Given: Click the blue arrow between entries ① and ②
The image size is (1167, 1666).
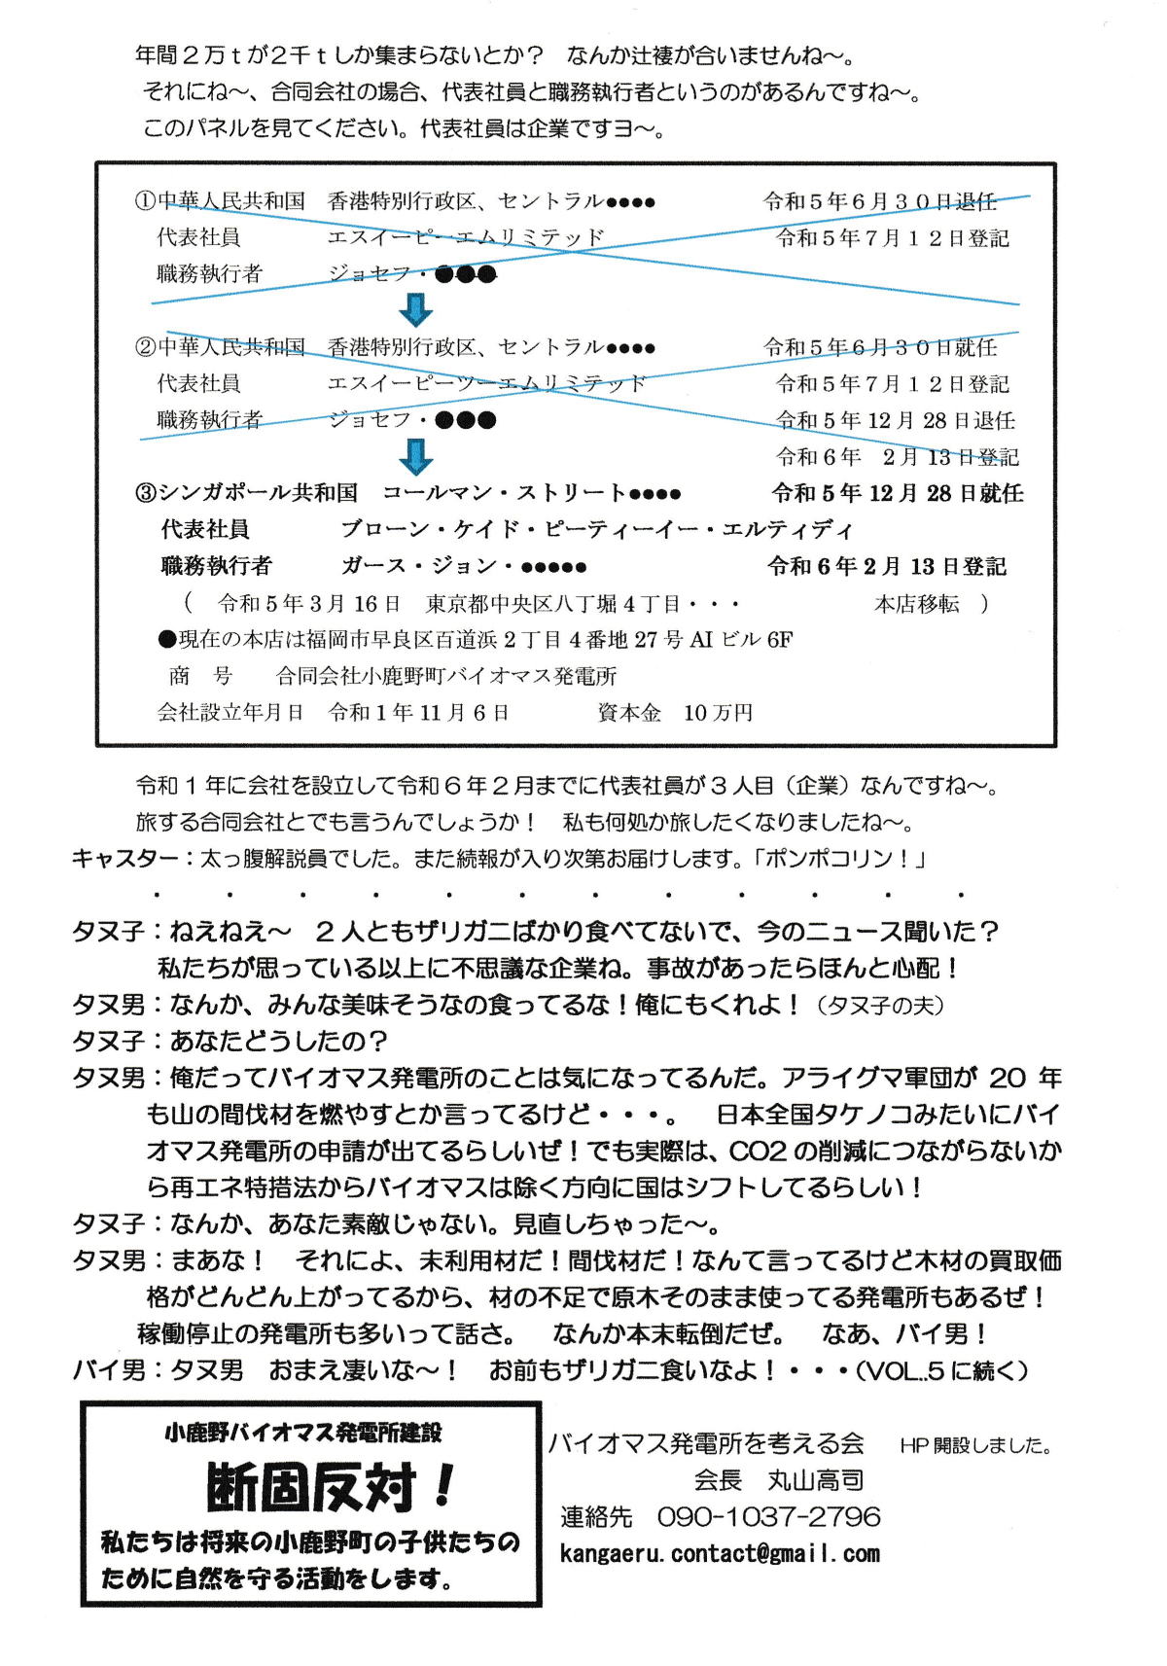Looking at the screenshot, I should click(416, 310).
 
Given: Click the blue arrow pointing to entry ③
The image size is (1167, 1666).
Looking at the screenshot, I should click(416, 456).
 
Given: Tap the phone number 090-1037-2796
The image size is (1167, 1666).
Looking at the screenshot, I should click(768, 1516).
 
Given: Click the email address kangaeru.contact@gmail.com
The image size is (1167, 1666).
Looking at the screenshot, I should click(720, 1553).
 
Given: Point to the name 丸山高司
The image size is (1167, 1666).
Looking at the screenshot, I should click(816, 1480).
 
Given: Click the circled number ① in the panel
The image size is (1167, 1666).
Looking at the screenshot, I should click(145, 201).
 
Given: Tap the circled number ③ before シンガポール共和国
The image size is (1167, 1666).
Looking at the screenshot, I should click(146, 493).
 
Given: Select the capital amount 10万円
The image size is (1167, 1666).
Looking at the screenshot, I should click(718, 713).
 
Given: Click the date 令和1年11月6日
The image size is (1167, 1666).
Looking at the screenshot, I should click(419, 713).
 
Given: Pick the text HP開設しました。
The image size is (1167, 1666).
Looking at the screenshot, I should click(975, 1445).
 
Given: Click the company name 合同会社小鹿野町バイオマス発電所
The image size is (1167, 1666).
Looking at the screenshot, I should click(446, 676).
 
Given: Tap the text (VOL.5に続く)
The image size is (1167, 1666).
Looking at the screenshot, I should click(940, 1370).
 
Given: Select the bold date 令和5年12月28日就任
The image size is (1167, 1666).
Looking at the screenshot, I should click(897, 493).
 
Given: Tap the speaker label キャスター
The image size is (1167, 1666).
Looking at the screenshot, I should click(124, 859).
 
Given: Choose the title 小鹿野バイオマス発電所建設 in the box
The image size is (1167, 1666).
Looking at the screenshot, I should click(303, 1433).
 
